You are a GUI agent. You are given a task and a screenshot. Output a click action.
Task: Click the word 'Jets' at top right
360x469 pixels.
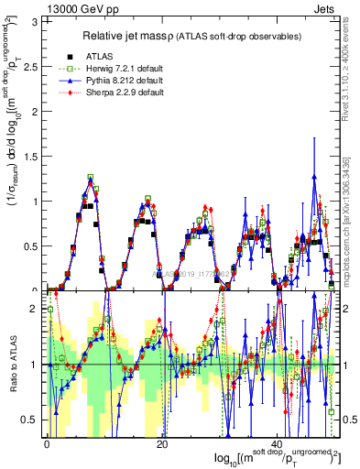325,7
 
